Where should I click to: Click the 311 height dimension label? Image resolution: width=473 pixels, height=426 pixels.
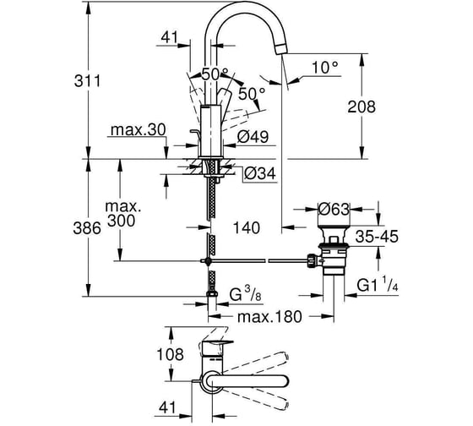(88, 81)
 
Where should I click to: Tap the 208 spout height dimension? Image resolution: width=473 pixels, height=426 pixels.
(362, 106)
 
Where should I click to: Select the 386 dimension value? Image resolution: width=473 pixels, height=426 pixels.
(87, 228)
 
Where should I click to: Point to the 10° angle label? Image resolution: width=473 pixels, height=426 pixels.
(325, 68)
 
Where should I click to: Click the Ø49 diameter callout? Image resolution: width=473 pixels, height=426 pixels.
(253, 137)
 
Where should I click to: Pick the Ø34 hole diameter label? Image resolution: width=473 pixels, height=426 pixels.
(260, 173)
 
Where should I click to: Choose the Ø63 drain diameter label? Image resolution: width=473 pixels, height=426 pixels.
(334, 209)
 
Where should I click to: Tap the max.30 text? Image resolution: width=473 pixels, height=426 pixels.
(139, 130)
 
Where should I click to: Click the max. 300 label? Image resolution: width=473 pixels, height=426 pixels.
(123, 214)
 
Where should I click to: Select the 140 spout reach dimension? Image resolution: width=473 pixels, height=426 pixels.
(247, 227)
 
